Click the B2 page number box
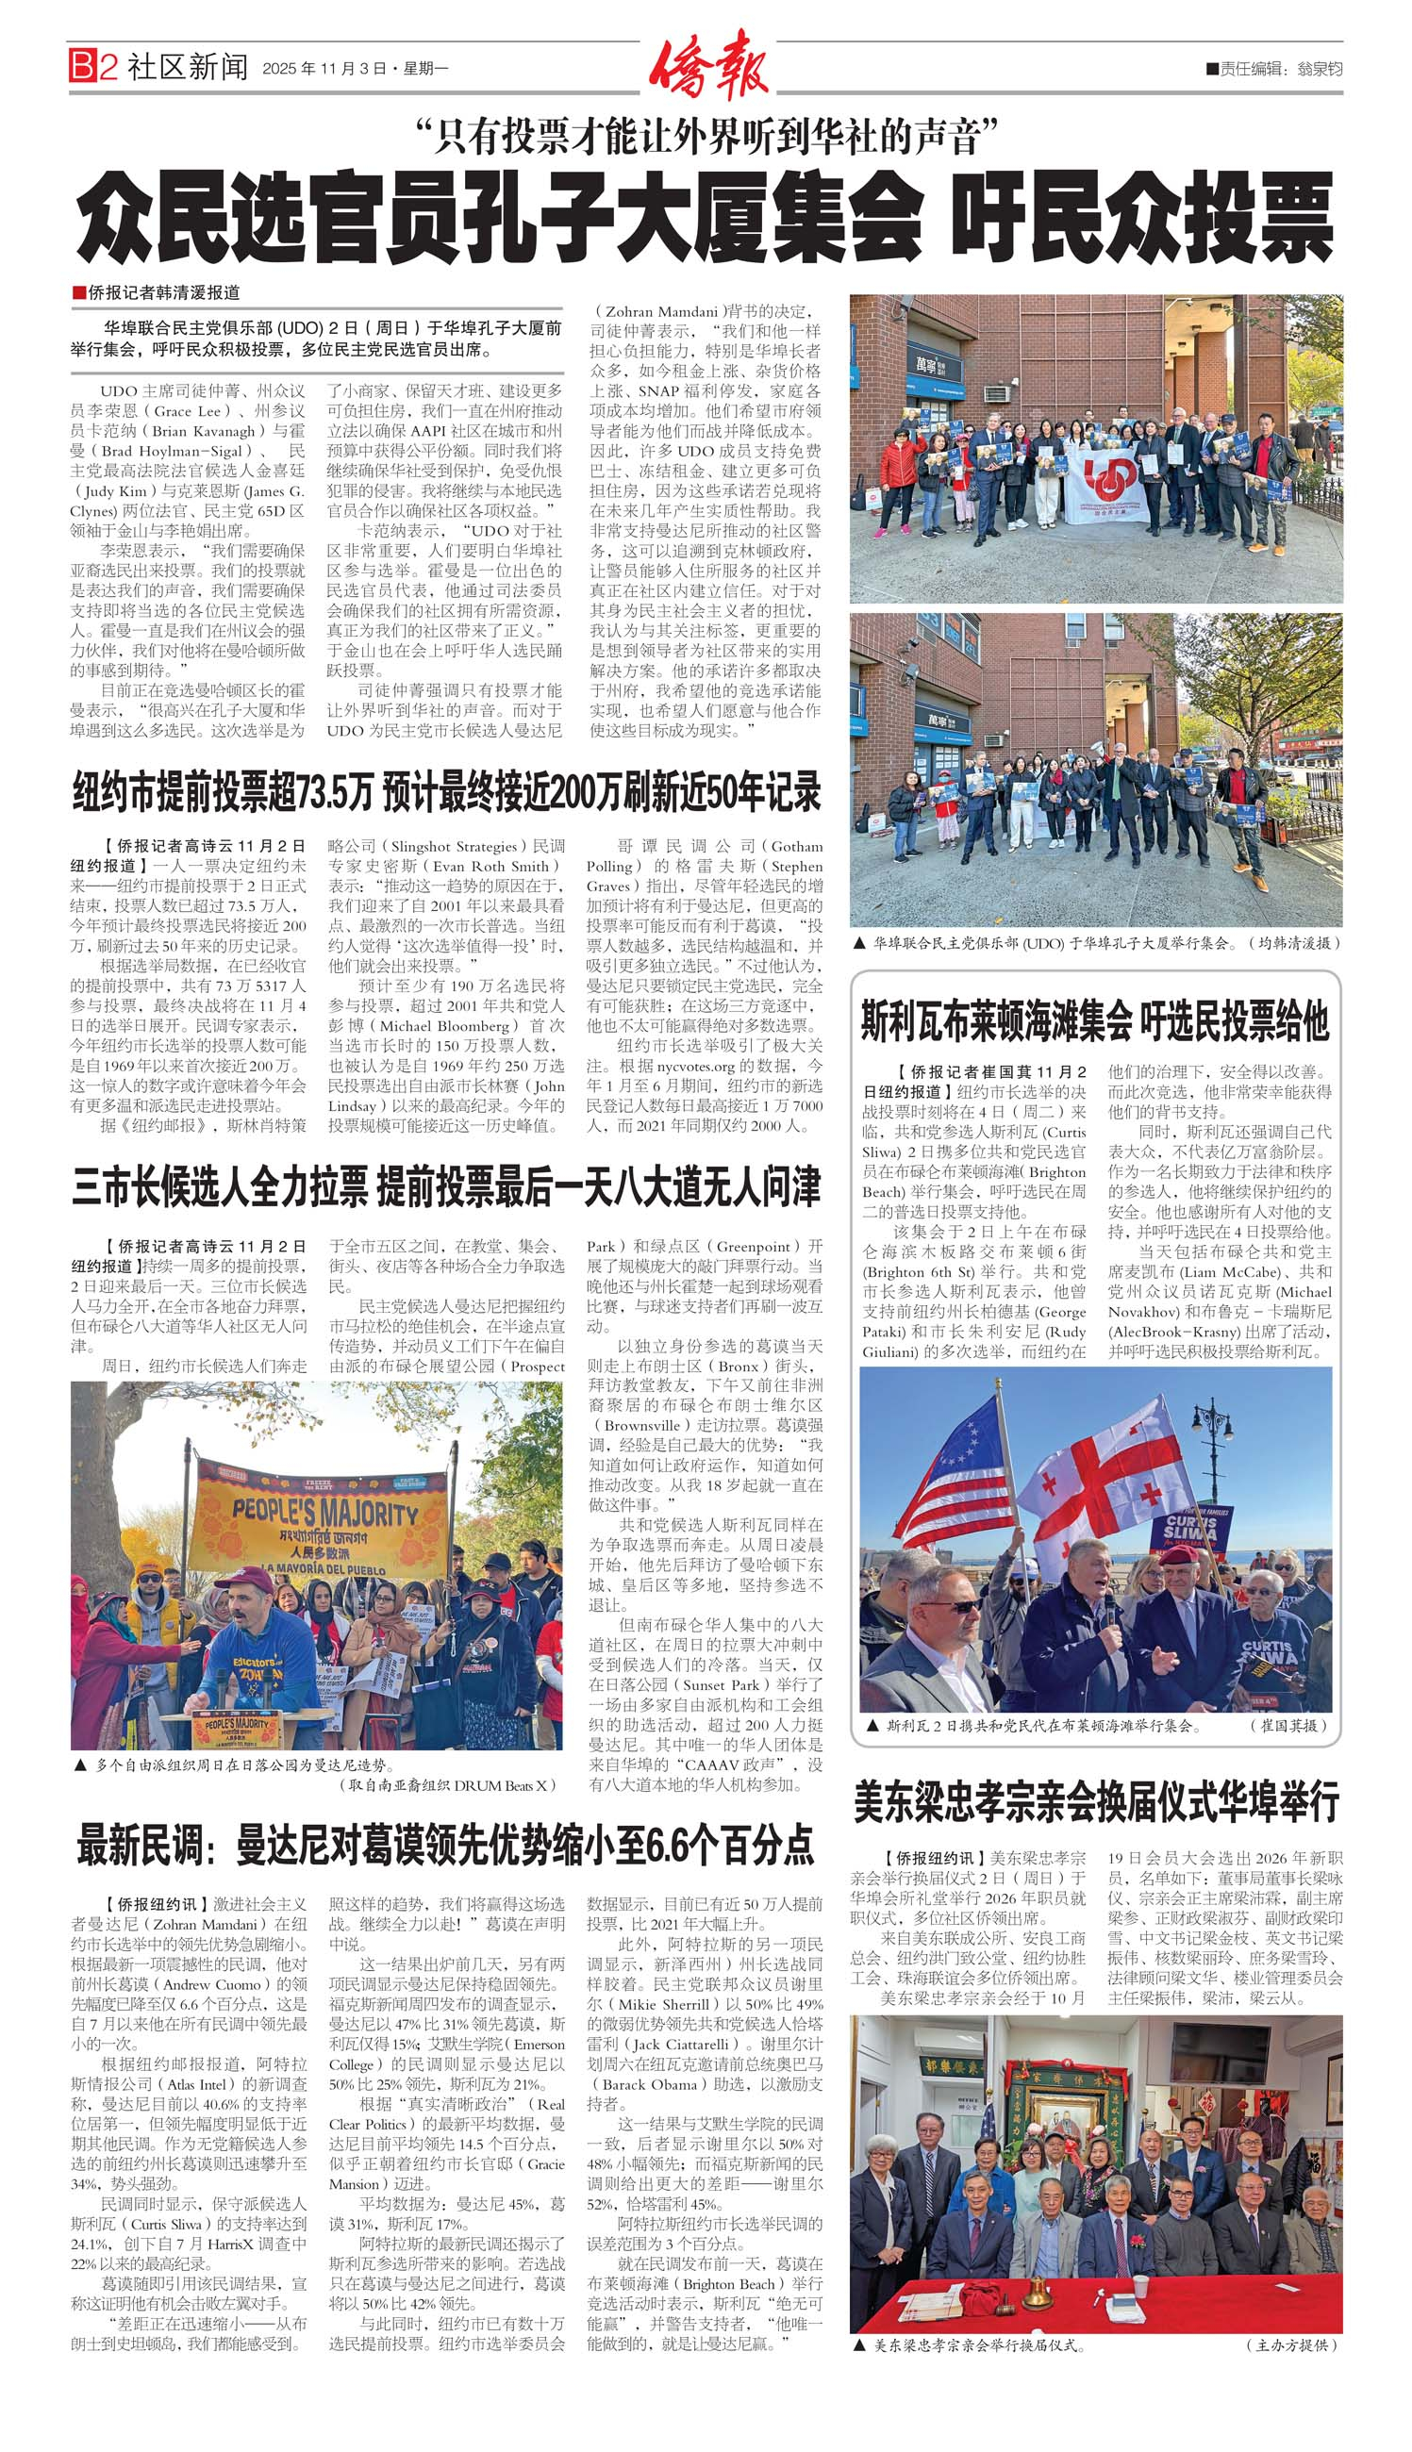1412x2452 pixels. coord(92,67)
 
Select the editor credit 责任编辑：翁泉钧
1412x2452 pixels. coord(1274,69)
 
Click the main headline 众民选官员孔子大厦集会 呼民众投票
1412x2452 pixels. coord(705,219)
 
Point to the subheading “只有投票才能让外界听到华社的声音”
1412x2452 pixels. coord(705,137)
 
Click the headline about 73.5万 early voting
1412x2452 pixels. coord(446,792)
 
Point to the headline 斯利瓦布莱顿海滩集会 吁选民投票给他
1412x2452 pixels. coord(1094,1020)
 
